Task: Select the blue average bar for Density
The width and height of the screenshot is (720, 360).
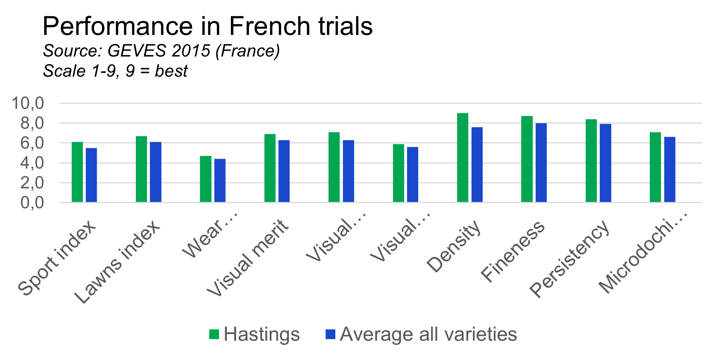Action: tap(477, 165)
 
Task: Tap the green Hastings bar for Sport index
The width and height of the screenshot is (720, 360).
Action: tap(77, 172)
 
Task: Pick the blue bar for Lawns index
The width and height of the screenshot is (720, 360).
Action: tap(156, 172)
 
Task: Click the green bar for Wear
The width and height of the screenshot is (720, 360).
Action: tap(206, 179)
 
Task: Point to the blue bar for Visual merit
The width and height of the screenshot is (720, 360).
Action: tap(284, 171)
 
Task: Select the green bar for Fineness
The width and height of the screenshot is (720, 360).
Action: tap(527, 159)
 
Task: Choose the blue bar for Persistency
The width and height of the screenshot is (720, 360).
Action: tap(605, 163)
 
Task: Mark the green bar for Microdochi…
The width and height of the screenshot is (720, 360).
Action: tap(656, 167)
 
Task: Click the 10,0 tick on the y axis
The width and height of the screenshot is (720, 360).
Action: tap(28, 103)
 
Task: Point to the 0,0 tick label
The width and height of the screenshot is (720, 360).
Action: tap(32, 203)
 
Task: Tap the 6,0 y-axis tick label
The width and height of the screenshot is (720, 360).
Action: tap(32, 143)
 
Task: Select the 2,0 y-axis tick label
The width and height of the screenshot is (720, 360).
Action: tap(32, 183)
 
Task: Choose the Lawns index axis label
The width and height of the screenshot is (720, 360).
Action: tap(117, 262)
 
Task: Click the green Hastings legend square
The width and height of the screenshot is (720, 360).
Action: tap(214, 334)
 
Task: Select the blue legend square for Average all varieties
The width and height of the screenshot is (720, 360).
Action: tap(330, 334)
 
